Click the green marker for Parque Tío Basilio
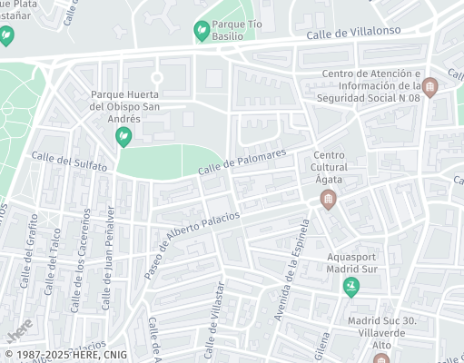[201, 32]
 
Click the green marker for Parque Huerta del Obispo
[123, 136]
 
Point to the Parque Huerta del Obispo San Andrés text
[126, 106]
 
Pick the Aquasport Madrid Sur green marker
[351, 288]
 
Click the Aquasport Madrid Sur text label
[351, 262]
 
